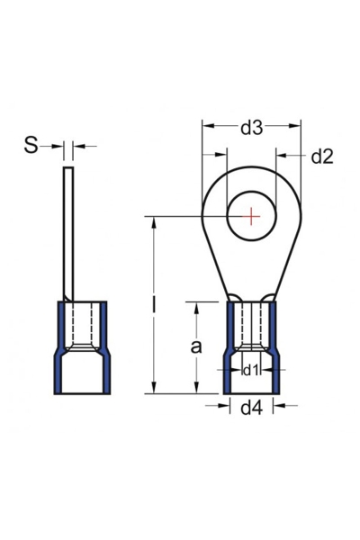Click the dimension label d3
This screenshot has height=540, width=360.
coord(252,130)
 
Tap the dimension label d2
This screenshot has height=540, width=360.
coord(321,157)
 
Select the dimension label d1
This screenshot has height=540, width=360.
coord(252,370)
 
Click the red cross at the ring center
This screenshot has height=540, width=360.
coord(252,216)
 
